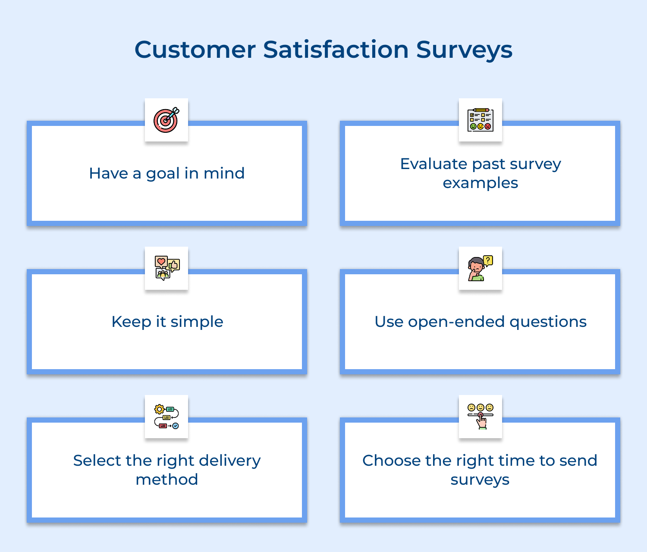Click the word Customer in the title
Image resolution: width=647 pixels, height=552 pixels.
click(x=195, y=50)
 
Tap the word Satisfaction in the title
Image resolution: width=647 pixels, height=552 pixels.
click(x=336, y=50)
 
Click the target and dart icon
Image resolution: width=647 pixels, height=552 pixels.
click(x=166, y=120)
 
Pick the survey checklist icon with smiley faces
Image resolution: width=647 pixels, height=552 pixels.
click(x=480, y=120)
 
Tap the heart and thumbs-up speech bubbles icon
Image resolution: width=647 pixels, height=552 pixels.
click(x=167, y=268)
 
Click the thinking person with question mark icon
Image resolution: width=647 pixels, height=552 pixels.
click(x=480, y=268)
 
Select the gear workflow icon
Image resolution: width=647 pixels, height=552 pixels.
click(x=166, y=417)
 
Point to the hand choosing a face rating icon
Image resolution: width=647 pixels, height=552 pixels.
click(x=480, y=416)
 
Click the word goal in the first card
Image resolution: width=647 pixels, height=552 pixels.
click(x=163, y=174)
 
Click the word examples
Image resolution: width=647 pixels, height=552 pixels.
click(x=480, y=183)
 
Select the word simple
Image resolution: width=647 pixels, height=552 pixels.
click(x=197, y=322)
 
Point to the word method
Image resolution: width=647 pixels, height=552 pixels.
click(x=166, y=480)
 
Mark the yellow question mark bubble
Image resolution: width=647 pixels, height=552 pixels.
click(x=488, y=260)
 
